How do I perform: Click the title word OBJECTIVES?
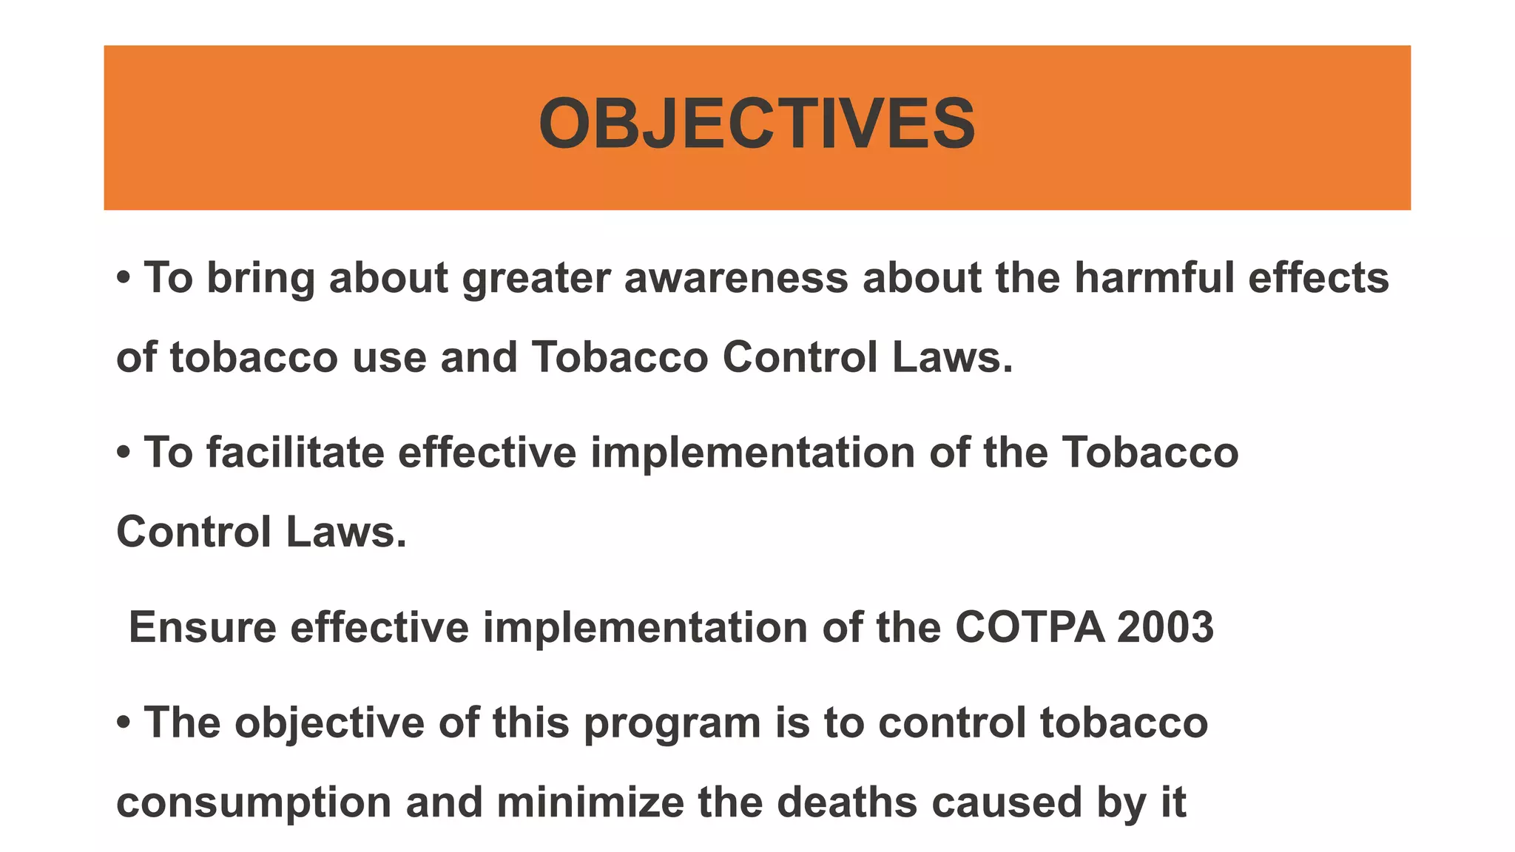coord(757,124)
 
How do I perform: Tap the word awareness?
coord(736,278)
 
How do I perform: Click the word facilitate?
coord(295,453)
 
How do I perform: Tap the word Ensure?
coord(203,628)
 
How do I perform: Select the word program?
coord(672,725)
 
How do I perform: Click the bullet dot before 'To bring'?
coord(124,279)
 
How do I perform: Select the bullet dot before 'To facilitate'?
coord(124,453)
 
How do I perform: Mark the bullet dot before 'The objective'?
coord(124,723)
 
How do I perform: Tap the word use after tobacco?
coord(389,359)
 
